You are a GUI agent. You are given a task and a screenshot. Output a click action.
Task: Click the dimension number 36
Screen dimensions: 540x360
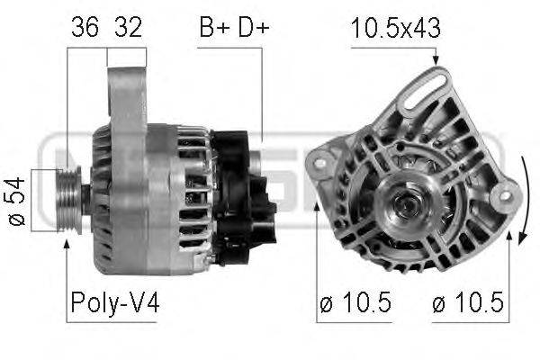85,27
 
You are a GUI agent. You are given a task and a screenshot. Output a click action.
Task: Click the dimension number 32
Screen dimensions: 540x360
128,27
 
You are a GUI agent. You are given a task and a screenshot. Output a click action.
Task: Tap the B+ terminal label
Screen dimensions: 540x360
214,27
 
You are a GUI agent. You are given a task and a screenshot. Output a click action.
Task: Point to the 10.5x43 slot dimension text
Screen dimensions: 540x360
395,28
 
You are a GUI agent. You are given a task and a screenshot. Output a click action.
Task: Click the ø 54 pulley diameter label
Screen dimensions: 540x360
17,202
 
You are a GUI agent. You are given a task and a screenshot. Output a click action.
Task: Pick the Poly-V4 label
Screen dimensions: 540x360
115,302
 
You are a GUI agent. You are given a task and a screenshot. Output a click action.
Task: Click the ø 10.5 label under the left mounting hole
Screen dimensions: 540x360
355,302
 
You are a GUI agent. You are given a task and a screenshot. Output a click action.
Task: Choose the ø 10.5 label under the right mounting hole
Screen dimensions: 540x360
468,302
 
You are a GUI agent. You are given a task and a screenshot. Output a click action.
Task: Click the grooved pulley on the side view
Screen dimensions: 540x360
69,200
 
